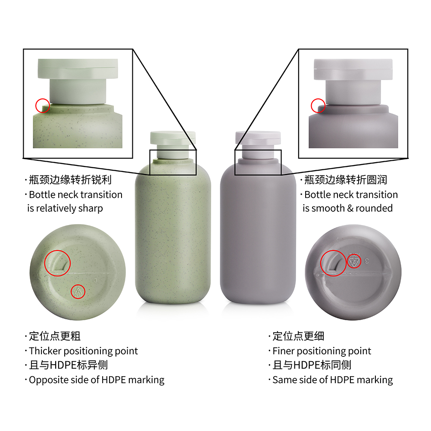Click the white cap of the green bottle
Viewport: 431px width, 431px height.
tap(173, 144)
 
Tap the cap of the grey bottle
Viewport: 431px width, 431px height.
tap(258, 144)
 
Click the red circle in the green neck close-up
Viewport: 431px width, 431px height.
tap(43, 106)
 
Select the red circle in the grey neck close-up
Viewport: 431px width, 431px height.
tap(318, 106)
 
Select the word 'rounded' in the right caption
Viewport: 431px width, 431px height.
tap(374, 208)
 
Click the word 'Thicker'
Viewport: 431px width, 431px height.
tap(45, 351)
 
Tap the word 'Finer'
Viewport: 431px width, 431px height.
tap(283, 351)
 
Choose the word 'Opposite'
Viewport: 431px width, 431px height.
tap(48, 380)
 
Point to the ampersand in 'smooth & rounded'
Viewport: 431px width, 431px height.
tap(350, 208)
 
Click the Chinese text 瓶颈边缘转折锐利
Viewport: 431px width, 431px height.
tap(70, 180)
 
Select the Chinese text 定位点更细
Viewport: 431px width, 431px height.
tap(298, 336)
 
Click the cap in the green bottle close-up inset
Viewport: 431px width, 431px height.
tap(78, 81)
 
